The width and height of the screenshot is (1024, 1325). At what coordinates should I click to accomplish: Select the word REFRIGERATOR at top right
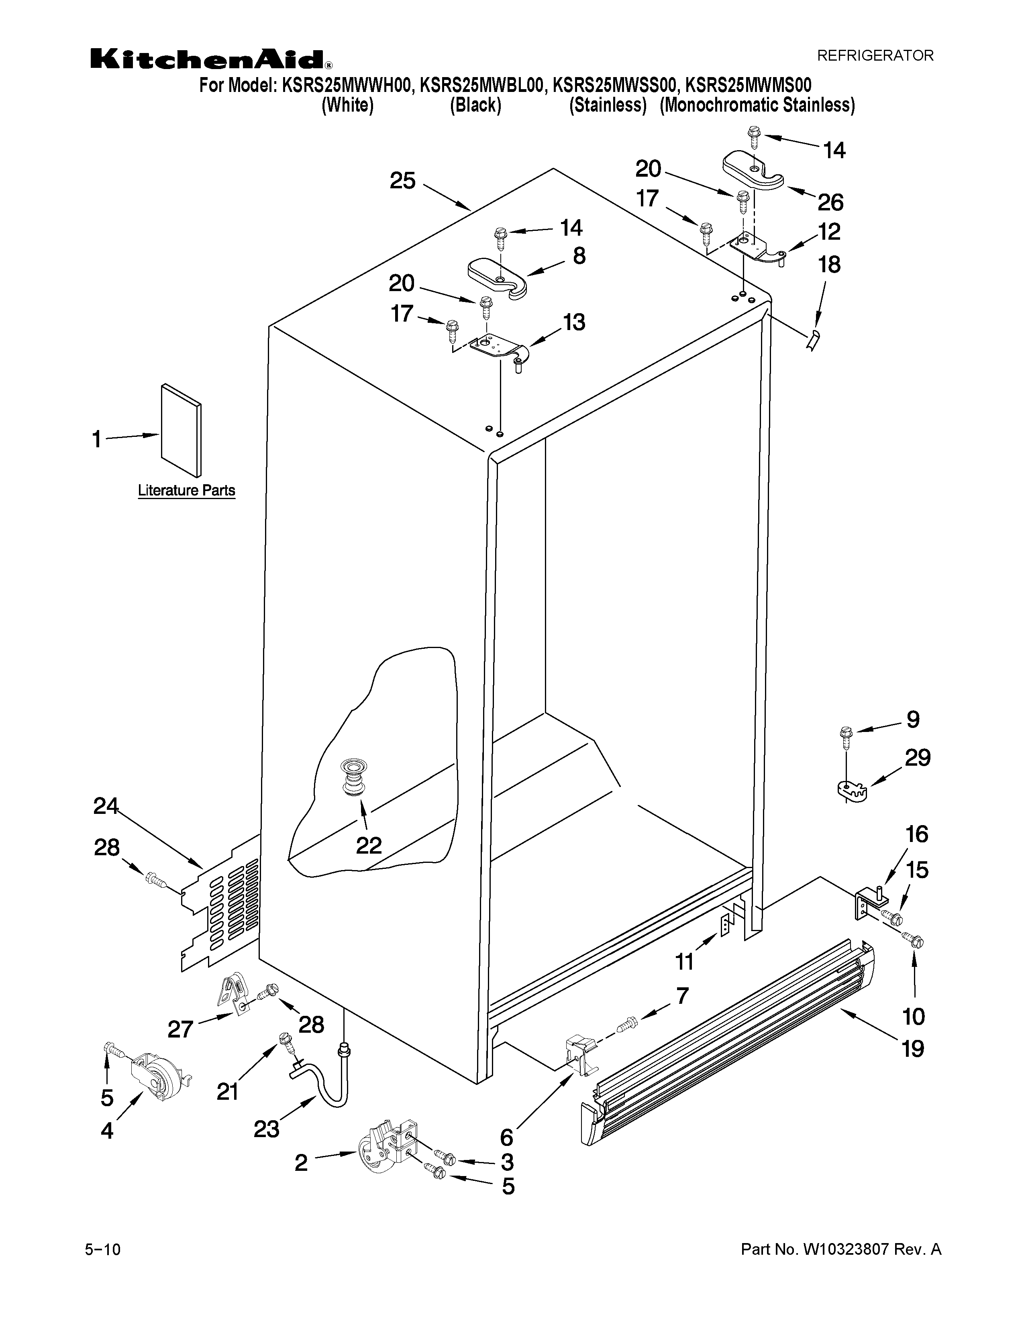coord(875,56)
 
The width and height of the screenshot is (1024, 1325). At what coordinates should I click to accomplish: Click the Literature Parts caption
coord(186,490)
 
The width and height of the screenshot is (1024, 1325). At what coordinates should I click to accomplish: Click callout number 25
coord(402,180)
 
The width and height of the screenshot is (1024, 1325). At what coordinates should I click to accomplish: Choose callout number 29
coord(917,758)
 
